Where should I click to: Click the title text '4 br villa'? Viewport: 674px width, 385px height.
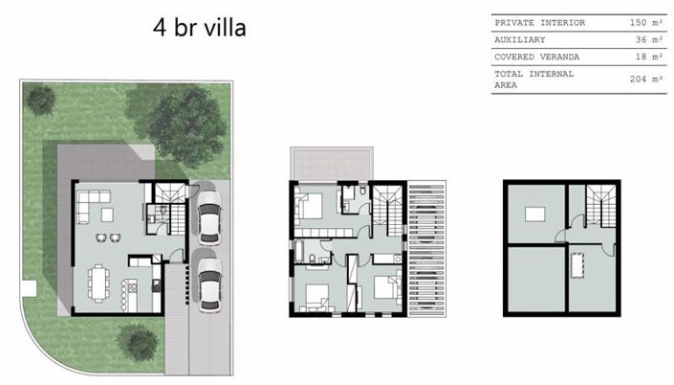pyautogui.click(x=199, y=27)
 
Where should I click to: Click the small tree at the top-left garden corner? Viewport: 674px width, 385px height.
pyautogui.click(x=40, y=97)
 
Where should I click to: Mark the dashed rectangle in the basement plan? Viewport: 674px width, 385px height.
pyautogui.click(x=578, y=262)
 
